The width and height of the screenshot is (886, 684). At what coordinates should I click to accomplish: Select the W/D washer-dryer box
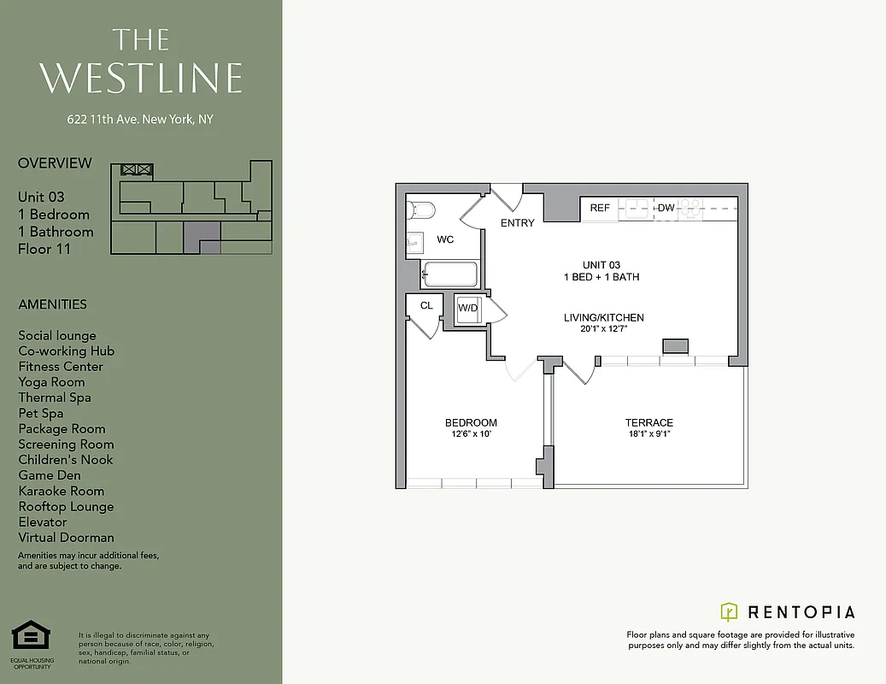468,309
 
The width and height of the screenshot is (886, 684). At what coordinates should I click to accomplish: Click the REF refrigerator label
600,208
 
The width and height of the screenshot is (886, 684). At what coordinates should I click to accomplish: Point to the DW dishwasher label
666,208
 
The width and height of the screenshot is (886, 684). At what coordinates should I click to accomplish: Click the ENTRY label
518,223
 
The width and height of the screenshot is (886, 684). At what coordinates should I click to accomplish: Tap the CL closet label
426,305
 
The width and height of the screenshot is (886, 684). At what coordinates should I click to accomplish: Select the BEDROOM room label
471,422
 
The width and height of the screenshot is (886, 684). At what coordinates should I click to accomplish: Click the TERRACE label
649,422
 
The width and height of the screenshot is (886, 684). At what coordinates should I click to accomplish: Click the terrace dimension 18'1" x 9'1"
649,434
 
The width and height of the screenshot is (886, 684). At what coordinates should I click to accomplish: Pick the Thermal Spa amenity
55,398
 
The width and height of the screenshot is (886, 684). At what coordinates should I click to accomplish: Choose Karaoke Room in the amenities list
62,491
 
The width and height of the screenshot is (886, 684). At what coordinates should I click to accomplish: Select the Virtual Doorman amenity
67,538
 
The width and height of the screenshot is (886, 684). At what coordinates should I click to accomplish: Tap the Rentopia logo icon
729,611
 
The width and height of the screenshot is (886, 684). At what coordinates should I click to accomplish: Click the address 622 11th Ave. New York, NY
140,120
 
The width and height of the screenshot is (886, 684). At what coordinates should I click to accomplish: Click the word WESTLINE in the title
141,78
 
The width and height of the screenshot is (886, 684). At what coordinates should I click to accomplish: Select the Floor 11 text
44,250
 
